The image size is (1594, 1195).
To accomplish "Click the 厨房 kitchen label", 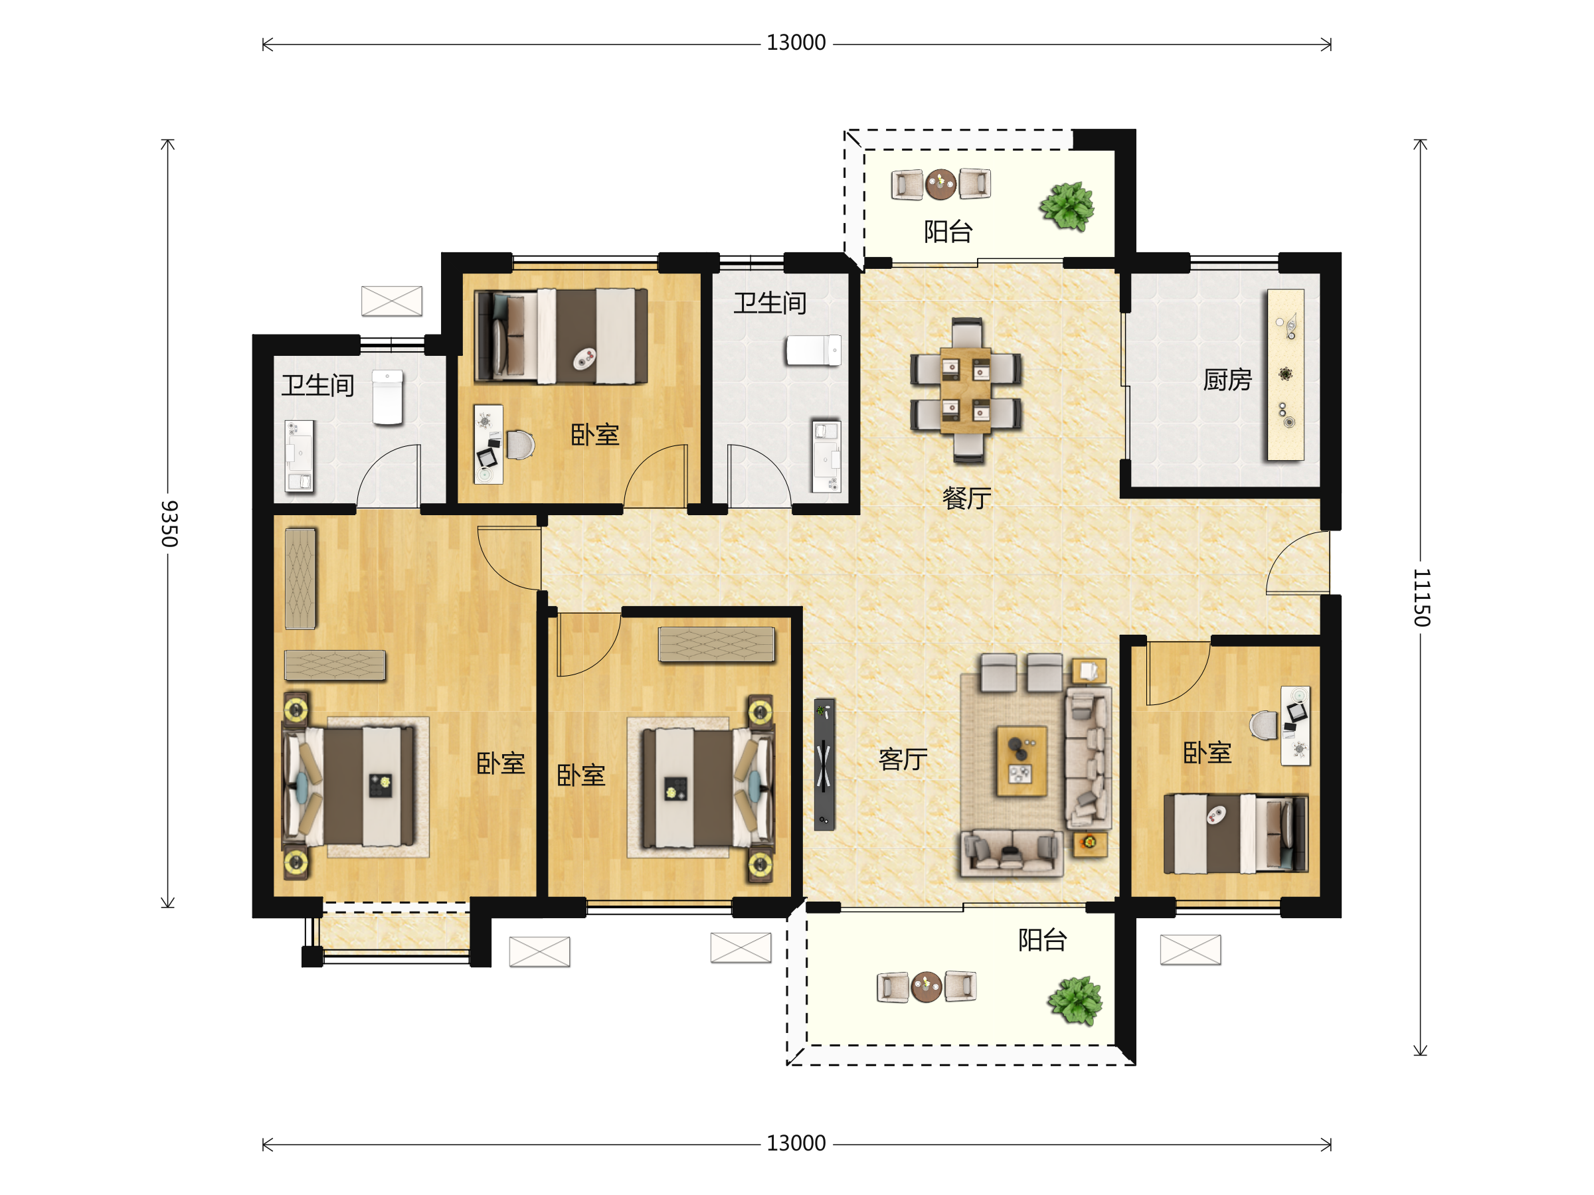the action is tap(1227, 380).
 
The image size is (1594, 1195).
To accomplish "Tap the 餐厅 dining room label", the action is tap(967, 498).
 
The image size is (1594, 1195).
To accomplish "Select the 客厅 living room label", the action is tap(903, 759).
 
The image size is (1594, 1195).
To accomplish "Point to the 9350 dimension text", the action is tap(169, 524).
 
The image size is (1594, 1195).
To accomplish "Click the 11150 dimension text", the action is tap(1421, 597).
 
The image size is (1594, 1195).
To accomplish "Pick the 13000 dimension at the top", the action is tap(796, 42).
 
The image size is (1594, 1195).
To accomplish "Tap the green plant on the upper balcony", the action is tap(1067, 206).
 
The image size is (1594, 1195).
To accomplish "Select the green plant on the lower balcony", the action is tap(1075, 1000).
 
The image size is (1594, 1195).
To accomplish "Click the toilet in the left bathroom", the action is tap(388, 397).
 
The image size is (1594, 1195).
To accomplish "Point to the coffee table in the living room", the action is tap(1021, 761).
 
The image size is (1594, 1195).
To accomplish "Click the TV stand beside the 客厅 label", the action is tap(824, 764).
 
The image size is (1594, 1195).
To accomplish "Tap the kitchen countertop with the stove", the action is tap(1286, 374).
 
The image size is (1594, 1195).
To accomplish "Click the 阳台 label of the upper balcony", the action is tap(948, 231).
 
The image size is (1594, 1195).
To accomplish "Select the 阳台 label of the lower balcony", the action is tap(1042, 940).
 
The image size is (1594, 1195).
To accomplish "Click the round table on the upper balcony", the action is tap(940, 185).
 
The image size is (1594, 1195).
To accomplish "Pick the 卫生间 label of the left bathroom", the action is tap(317, 385).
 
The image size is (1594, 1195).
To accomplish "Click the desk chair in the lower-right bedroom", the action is tap(1263, 725).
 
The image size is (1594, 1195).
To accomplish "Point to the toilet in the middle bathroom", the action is tap(813, 351).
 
